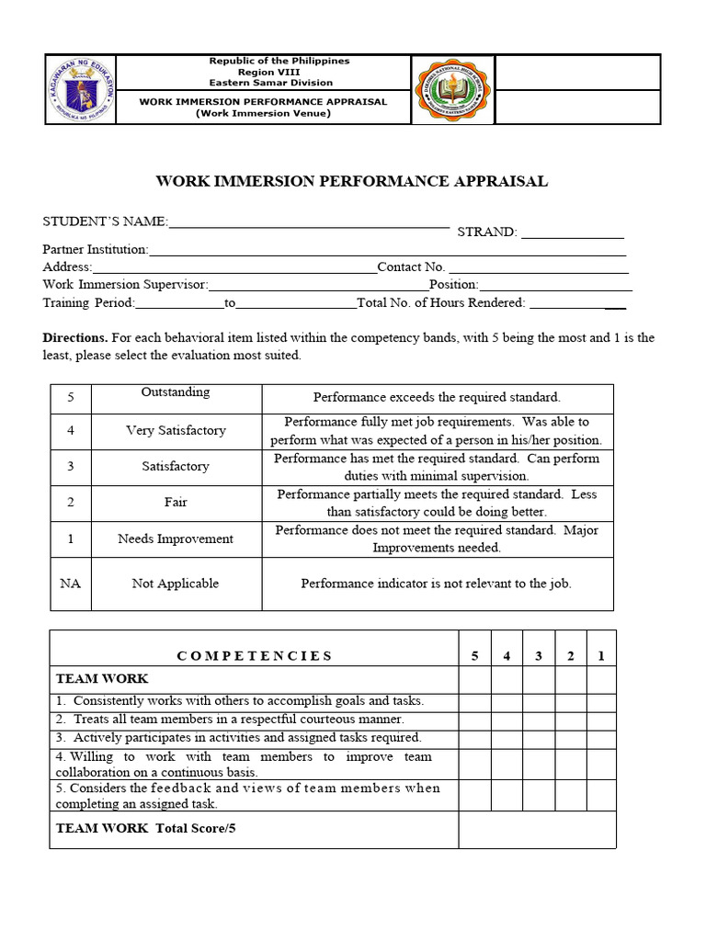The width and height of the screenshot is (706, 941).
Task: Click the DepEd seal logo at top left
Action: coord(81,89)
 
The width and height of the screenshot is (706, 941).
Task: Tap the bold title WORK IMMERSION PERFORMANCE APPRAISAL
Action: coord(352,181)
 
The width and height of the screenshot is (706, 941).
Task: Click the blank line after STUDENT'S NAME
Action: coord(309,222)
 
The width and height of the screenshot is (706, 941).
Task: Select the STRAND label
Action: coord(487,232)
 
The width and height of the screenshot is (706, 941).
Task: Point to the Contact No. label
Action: coord(411,266)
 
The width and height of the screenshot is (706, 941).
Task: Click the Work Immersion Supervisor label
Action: coord(125,285)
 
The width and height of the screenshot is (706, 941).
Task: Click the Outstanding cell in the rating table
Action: coord(176,392)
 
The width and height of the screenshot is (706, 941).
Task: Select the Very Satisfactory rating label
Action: coord(176,430)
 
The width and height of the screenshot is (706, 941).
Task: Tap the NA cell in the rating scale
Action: coord(71,584)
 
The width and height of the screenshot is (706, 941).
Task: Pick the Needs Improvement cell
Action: coord(176,539)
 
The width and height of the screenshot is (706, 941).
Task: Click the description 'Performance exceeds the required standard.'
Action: coord(437,397)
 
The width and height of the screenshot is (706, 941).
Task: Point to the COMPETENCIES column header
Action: coord(255,655)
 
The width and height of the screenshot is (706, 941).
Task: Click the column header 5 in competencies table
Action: coord(475,655)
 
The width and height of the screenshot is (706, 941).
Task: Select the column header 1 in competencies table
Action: coord(601,655)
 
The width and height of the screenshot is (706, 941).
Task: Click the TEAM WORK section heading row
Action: coord(102,679)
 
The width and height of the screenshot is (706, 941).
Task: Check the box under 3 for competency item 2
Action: coord(539,720)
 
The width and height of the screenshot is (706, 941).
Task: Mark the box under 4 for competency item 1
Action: coord(507,701)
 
